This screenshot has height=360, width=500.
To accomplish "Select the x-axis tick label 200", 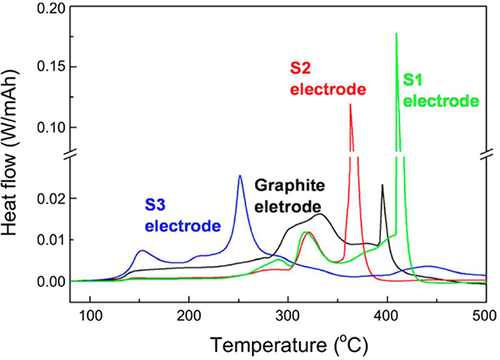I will [190, 315].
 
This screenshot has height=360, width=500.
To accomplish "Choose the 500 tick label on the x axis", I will [484, 315].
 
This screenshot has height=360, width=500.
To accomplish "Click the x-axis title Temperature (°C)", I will [288, 345].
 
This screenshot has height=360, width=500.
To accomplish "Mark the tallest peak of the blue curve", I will [240, 176].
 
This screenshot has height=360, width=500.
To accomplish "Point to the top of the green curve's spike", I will [396, 34].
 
